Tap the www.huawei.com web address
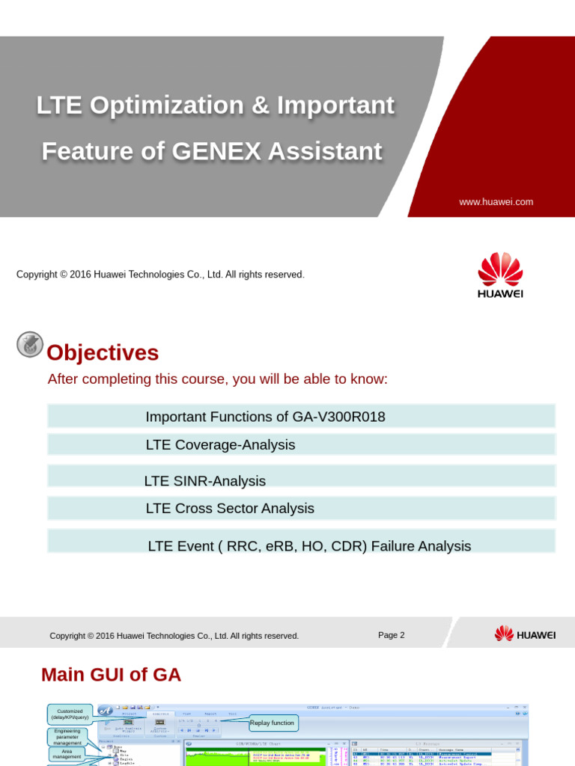[496, 202]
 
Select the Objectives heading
[103, 352]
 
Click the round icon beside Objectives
[30, 345]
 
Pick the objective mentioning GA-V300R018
[265, 417]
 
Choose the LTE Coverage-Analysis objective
[220, 445]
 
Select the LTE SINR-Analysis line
[204, 481]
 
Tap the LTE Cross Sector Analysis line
[230, 509]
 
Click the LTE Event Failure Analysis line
[309, 546]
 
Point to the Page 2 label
[391, 635]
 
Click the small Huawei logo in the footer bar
[525, 634]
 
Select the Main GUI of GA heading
[111, 675]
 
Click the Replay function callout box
[273, 723]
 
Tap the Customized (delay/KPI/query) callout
[70, 714]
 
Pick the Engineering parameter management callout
[67, 736]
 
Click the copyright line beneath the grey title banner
[160, 275]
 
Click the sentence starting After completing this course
[217, 379]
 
